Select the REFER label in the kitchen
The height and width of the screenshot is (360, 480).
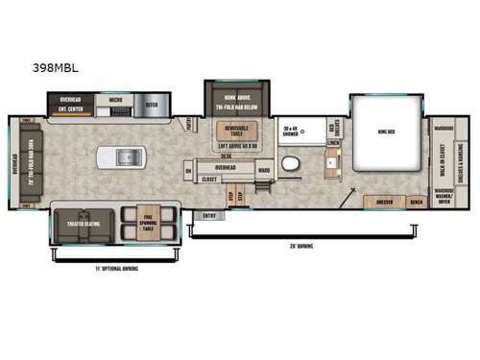click(152, 105)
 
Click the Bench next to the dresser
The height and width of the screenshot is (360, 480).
click(415, 202)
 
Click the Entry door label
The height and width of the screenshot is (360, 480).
click(208, 215)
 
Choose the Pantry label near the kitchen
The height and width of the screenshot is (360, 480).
click(189, 125)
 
